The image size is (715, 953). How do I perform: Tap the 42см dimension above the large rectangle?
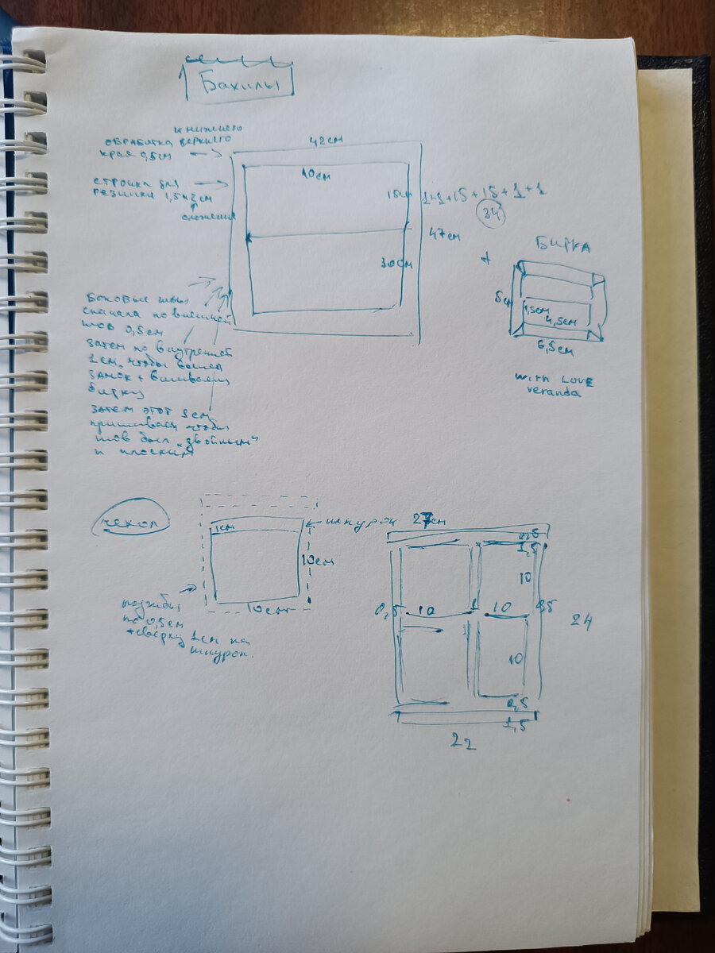pos(326,140)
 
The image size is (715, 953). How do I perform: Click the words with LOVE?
pos(554,380)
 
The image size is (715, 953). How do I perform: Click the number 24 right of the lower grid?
pos(582,620)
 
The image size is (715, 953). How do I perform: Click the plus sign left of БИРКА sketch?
pos(487,258)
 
